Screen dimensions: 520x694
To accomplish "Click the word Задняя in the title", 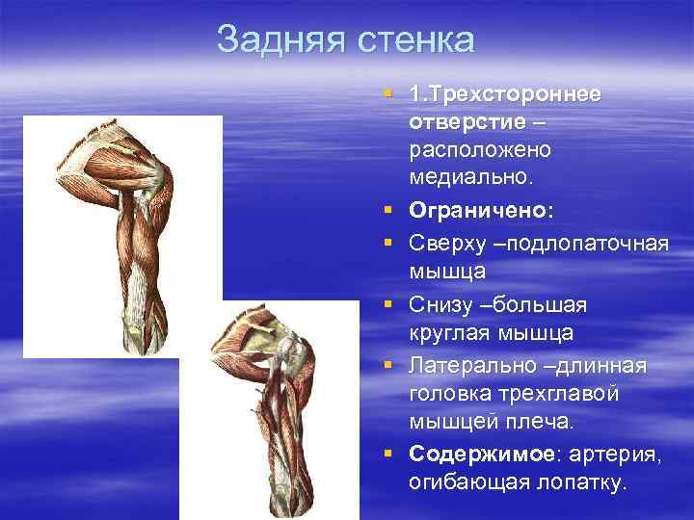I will tap(280, 39).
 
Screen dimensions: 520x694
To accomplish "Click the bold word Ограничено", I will tap(468, 209).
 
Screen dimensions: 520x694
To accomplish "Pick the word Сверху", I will tap(447, 240).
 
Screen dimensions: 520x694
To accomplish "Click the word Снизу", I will tap(441, 303).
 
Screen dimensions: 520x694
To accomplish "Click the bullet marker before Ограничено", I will tap(387, 209).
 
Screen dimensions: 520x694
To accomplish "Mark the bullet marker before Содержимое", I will tap(387, 452).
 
